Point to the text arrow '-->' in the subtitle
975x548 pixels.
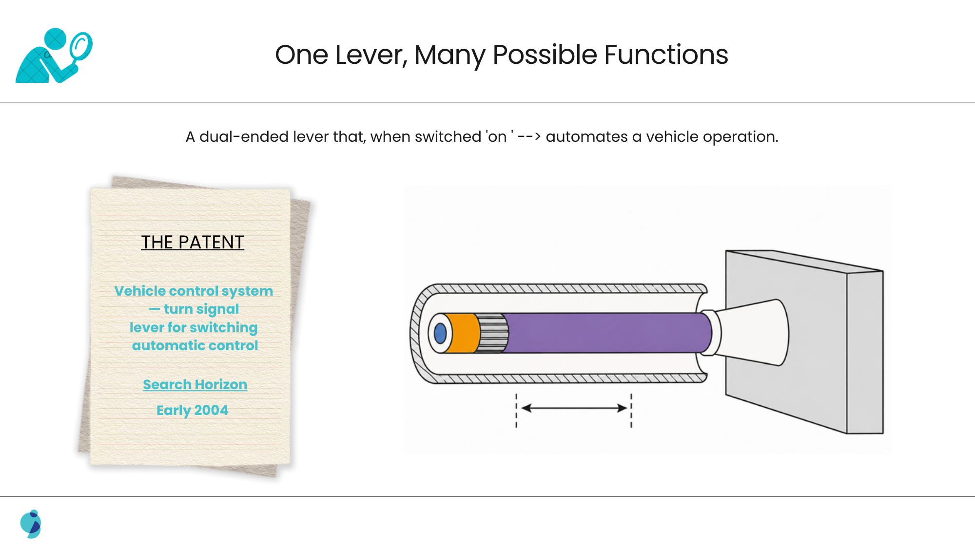[529, 137]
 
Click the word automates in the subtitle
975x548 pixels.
[586, 137]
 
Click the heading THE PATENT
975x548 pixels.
[193, 242]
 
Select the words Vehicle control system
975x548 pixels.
[194, 291]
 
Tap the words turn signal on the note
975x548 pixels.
[201, 309]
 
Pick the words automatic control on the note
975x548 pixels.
[195, 345]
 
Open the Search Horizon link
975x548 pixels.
[195, 384]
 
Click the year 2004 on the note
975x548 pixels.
[211, 410]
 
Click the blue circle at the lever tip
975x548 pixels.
[440, 334]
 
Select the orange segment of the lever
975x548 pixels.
[462, 333]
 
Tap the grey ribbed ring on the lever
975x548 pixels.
[493, 333]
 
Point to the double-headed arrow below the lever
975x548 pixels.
[574, 408]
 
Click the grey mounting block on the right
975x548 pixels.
[804, 341]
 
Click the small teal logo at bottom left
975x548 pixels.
[31, 524]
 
